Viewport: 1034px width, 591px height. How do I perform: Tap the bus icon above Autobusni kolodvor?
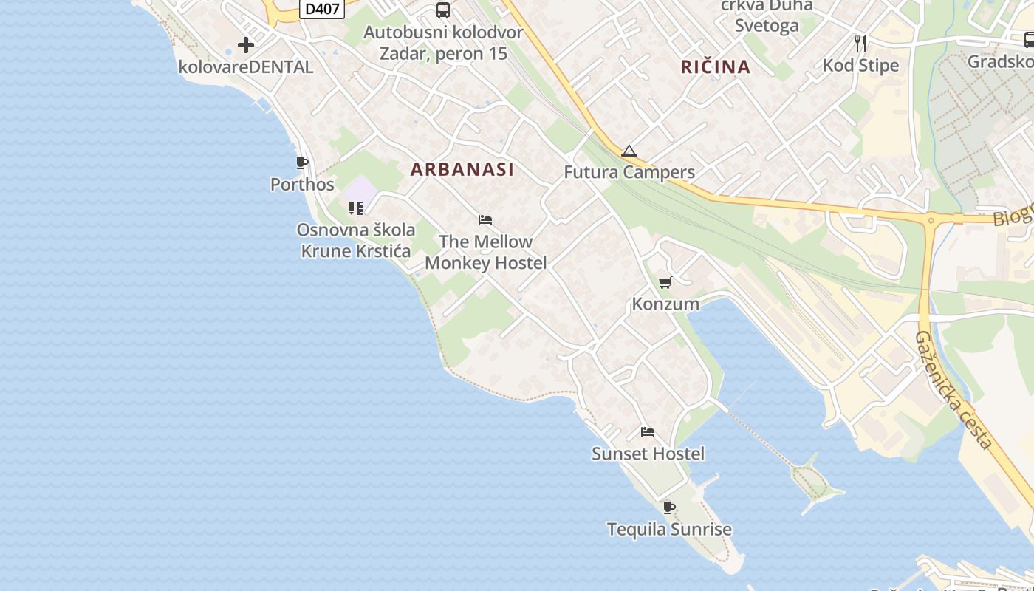(443, 10)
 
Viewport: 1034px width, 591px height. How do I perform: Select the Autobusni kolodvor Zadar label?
(443, 43)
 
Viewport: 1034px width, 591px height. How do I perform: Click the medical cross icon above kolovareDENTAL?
(246, 46)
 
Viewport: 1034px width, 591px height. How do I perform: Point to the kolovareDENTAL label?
(246, 66)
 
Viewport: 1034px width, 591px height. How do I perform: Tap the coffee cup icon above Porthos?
(301, 163)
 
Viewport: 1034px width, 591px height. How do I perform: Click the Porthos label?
(302, 184)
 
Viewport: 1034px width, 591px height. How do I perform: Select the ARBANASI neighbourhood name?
(462, 169)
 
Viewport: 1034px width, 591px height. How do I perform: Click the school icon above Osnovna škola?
(356, 208)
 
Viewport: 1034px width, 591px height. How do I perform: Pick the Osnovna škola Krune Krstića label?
(356, 240)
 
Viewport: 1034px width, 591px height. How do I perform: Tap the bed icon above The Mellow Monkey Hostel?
(485, 220)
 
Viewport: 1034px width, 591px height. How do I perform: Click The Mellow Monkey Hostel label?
(486, 252)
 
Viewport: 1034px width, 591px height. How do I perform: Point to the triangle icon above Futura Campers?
(629, 151)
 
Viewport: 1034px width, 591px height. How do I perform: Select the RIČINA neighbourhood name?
(716, 66)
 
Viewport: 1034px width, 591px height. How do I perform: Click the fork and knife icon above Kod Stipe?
(860, 44)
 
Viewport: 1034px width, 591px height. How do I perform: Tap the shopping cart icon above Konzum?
(665, 283)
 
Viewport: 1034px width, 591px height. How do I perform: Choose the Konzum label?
(665, 304)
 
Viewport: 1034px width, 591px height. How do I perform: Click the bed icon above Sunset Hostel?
(648, 432)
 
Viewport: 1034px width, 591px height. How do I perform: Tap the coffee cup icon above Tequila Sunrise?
(669, 508)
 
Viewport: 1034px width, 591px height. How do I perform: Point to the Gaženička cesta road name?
(953, 389)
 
